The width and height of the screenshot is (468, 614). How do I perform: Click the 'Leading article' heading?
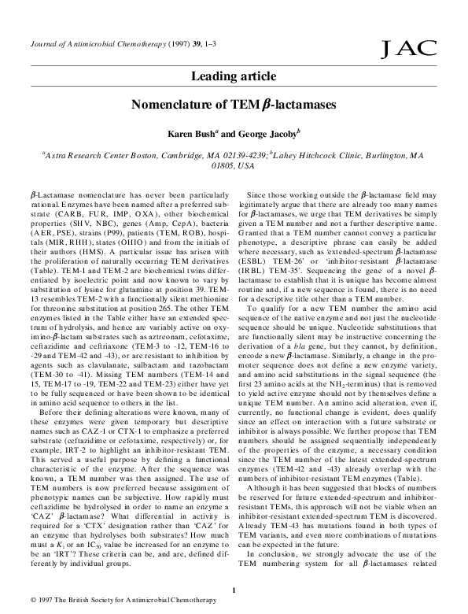pyautogui.click(x=234, y=76)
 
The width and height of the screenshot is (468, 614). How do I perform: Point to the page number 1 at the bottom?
pyautogui.click(x=234, y=589)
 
